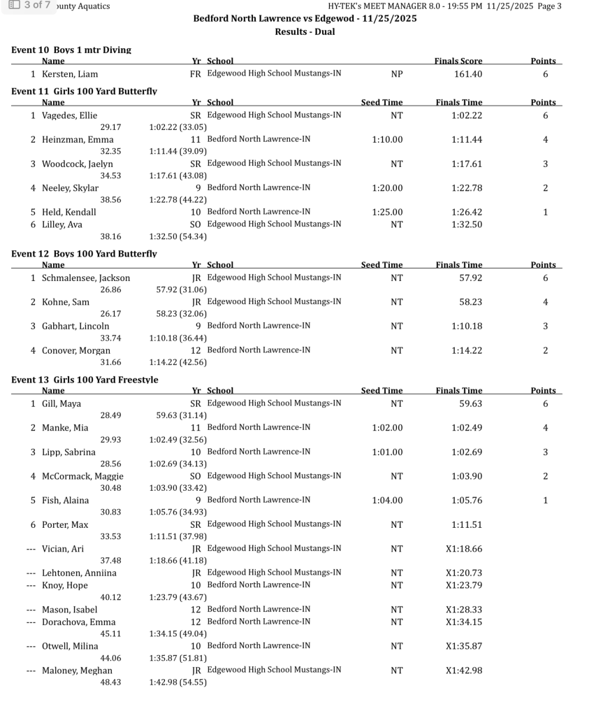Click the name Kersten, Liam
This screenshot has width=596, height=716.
[70, 74]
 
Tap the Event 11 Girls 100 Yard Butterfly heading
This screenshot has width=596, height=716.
[84, 92]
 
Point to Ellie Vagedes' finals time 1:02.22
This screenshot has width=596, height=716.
[467, 115]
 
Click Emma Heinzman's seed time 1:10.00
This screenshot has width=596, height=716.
[387, 140]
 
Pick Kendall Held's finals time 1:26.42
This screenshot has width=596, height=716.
[467, 212]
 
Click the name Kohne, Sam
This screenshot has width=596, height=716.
[66, 302]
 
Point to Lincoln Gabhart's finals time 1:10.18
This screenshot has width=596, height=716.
[467, 326]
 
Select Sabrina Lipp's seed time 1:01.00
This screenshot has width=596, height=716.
[387, 452]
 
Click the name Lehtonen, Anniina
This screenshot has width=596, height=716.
[79, 573]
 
